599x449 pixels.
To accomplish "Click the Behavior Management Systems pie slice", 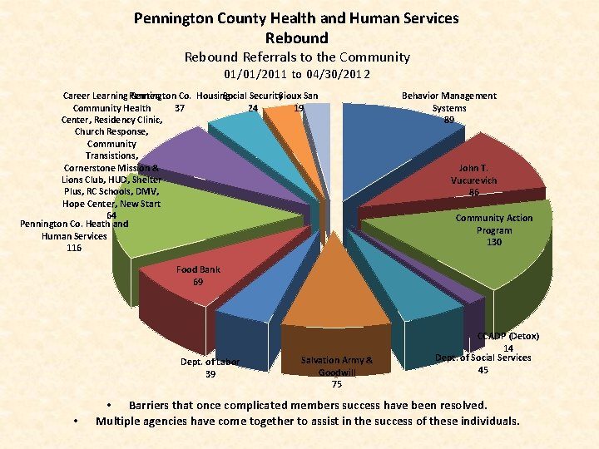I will [391, 137].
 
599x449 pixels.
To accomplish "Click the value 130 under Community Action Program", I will [494, 242].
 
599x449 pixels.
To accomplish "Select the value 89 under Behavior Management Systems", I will [449, 120].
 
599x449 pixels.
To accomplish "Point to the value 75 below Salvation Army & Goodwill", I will [336, 384].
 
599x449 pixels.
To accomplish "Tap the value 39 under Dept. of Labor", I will [210, 374].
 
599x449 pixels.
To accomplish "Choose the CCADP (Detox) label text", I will [508, 336].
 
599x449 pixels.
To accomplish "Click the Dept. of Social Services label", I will [483, 358].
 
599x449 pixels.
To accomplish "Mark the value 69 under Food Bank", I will [198, 282].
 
